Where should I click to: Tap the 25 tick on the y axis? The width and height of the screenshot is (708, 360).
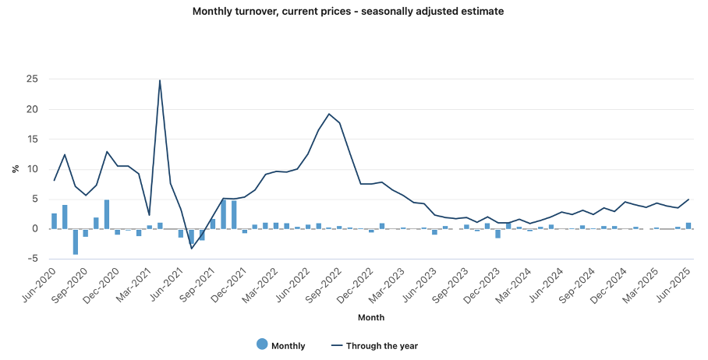coord(33,79)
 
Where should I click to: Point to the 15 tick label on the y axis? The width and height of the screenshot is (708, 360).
coord(33,139)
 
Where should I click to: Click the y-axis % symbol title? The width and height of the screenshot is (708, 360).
coord(15,168)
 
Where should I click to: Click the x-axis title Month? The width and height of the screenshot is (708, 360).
coord(370,318)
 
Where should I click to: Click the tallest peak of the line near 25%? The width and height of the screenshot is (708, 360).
coord(160,80)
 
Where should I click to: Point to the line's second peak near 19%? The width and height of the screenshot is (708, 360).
coord(329,114)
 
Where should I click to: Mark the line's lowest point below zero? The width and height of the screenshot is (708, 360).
coord(192,248)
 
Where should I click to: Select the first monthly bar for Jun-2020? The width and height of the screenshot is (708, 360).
coord(55,221)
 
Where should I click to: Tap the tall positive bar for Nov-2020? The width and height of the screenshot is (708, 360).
coord(107,214)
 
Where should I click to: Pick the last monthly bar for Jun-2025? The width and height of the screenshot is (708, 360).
coord(689,226)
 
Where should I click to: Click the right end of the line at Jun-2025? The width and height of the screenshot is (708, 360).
coord(689,199)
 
